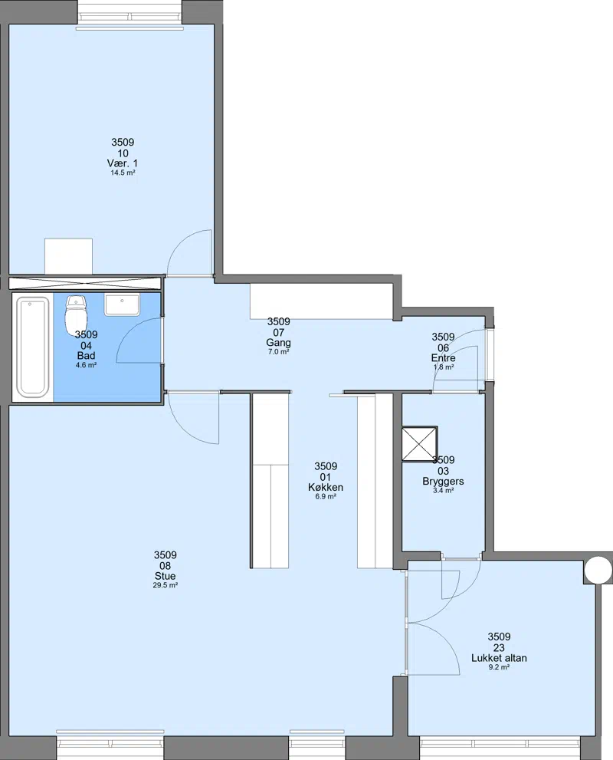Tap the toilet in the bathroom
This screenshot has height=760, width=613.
coord(76,312)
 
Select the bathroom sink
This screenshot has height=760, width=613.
coord(122,304)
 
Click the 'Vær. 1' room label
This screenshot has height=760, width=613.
coord(123,163)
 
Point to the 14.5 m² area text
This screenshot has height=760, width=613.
coord(123,173)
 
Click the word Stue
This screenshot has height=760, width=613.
coord(165,576)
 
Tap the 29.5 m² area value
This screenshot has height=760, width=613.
coord(165,585)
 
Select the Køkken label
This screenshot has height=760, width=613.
coord(326,488)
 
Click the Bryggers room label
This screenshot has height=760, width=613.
coord(443,482)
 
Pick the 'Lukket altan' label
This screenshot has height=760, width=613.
coord(500,658)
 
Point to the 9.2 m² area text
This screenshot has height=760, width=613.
coord(500,667)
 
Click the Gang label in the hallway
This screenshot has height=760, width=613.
coord(278,343)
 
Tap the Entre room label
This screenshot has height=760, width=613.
coord(443,358)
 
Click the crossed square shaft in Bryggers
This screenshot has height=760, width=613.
coord(420,443)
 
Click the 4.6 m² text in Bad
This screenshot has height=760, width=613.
coord(86,365)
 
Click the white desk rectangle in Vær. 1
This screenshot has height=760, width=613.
coord(68,256)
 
